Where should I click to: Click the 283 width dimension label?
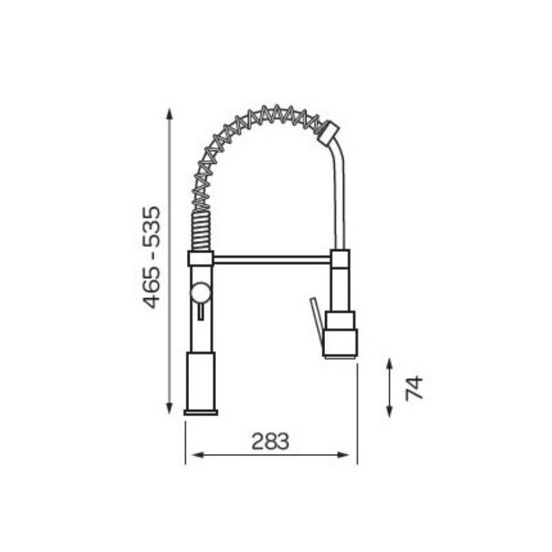click(x=270, y=441)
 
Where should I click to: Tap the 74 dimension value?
click(x=414, y=388)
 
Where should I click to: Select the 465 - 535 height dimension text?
click(x=151, y=257)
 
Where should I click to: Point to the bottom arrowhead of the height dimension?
click(x=169, y=408)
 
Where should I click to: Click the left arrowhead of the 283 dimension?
click(x=198, y=455)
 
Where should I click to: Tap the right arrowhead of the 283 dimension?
click(x=343, y=455)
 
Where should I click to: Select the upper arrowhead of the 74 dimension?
click(x=389, y=364)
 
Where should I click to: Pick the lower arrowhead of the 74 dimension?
click(x=389, y=411)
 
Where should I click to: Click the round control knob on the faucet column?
click(x=201, y=292)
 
